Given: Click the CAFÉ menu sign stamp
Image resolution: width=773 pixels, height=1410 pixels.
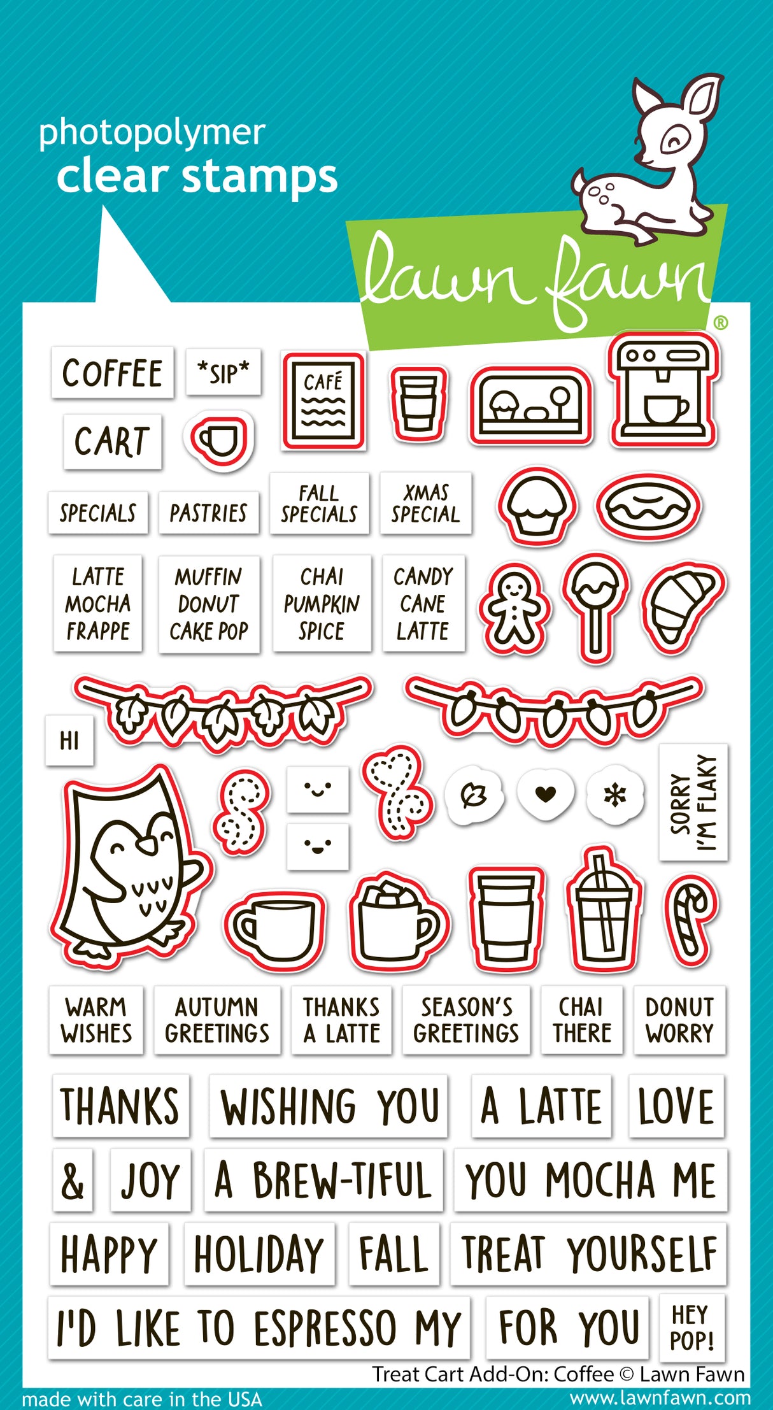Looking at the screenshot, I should pyautogui.click(x=323, y=401).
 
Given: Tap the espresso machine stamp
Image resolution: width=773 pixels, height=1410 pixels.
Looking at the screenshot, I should pyautogui.click(x=663, y=390).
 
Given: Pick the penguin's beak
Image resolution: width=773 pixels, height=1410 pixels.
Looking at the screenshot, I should pyautogui.click(x=148, y=844).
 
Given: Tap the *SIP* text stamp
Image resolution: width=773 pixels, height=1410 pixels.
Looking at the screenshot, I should pyautogui.click(x=223, y=373).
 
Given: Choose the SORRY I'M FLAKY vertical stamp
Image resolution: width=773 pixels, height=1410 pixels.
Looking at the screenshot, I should pyautogui.click(x=693, y=802).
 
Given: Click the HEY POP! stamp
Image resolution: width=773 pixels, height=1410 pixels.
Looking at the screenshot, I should pyautogui.click(x=691, y=1327).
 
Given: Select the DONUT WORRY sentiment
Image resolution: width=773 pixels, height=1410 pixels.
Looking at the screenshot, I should pyautogui.click(x=679, y=1020).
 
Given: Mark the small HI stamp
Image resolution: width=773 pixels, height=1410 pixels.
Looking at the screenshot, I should pyautogui.click(x=69, y=741).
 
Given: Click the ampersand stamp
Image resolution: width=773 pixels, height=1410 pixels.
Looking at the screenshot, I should pyautogui.click(x=72, y=1179).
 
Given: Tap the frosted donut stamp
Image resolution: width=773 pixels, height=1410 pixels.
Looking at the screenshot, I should pyautogui.click(x=648, y=507).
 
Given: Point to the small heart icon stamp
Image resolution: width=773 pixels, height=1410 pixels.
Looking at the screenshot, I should pyautogui.click(x=545, y=794).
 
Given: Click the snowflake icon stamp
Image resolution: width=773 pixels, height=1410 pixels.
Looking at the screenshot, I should pyautogui.click(x=614, y=794).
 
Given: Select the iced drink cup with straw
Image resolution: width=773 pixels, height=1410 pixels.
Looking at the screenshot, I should pyautogui.click(x=603, y=911).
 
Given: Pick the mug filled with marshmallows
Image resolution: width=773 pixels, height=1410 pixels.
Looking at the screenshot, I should pyautogui.click(x=397, y=920).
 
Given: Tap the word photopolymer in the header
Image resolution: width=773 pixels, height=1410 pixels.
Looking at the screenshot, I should pyautogui.click(x=152, y=132).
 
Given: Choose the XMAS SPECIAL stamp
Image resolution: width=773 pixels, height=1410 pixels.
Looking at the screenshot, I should pyautogui.click(x=425, y=503).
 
